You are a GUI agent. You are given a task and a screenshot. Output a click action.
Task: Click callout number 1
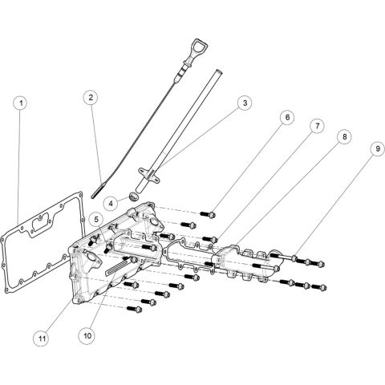click(x=21, y=103)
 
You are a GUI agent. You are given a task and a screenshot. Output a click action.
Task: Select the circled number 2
click(x=92, y=98)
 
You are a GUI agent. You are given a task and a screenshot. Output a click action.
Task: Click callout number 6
click(x=286, y=117)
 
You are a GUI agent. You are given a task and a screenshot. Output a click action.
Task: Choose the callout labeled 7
click(x=316, y=127)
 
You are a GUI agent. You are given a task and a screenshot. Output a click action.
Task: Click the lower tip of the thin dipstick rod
click(x=96, y=192)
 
